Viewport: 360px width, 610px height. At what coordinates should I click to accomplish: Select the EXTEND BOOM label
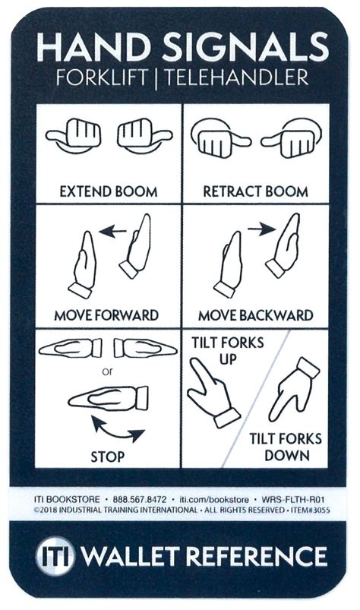108,191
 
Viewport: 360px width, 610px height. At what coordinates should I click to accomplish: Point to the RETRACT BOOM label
255,191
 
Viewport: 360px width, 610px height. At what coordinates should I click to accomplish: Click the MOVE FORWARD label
106,314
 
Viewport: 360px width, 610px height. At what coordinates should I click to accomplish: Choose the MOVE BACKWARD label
255,314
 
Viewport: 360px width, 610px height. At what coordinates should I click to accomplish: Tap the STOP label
108,457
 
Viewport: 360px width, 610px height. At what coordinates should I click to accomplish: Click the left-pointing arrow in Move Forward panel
115,235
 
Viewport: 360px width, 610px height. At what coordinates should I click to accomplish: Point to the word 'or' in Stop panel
107,372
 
